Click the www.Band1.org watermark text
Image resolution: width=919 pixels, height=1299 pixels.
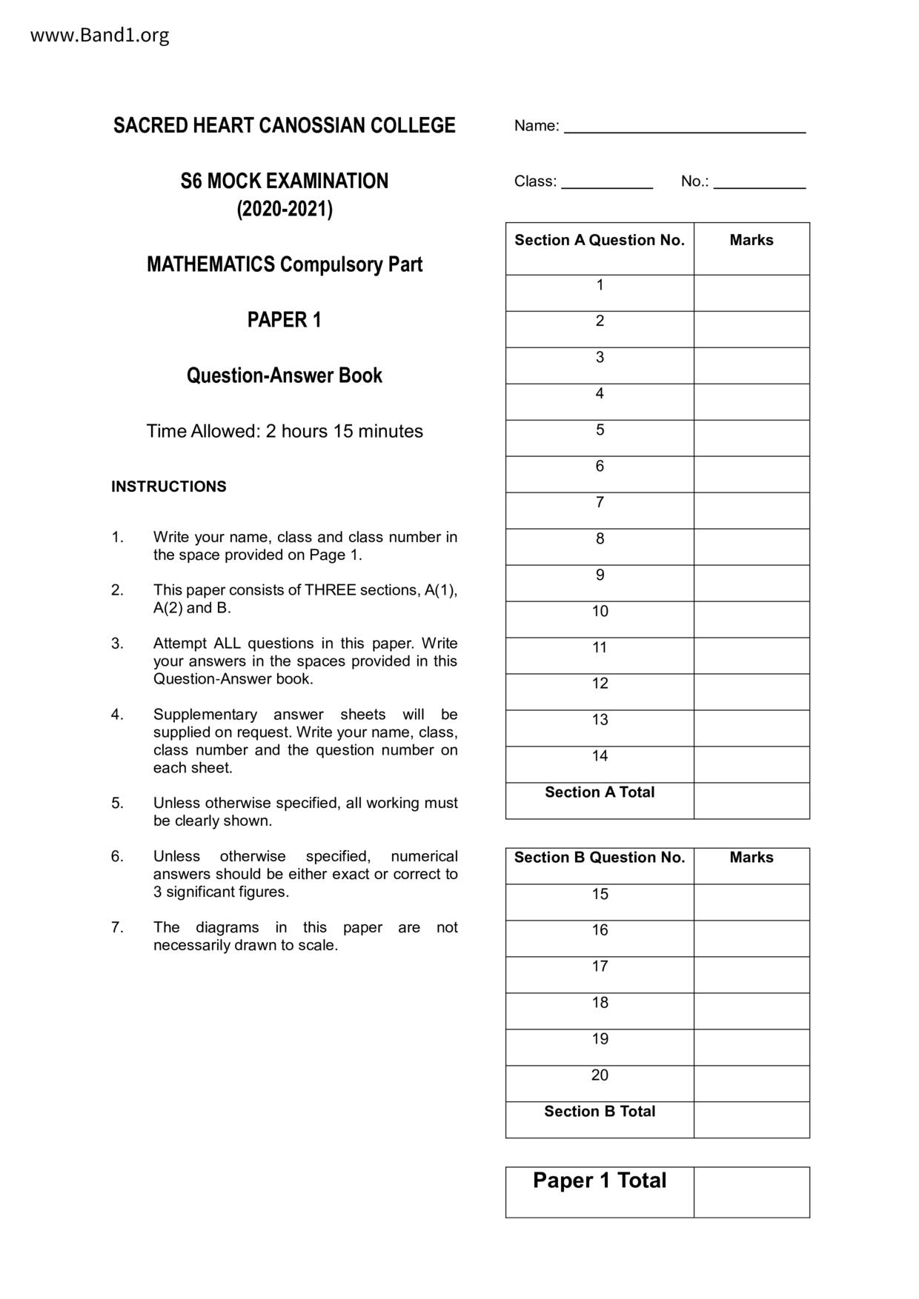(99, 35)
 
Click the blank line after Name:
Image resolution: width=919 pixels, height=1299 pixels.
(684, 127)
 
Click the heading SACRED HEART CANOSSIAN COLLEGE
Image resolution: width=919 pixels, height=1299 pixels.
(284, 125)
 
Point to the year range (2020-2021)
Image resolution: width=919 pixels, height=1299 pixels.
(284, 210)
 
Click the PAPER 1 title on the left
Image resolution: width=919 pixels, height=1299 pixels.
(284, 320)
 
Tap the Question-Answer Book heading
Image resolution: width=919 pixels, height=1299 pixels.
(284, 375)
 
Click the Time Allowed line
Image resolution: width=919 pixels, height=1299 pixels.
(284, 431)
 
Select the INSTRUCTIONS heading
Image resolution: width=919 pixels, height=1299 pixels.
(168, 487)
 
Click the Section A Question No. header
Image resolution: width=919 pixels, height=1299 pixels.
(599, 240)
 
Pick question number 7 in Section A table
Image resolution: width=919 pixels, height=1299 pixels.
(600, 503)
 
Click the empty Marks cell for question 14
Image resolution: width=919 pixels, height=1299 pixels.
(751, 764)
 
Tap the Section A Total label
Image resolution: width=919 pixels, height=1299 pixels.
(599, 792)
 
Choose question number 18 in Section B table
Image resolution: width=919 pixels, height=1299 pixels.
(600, 1003)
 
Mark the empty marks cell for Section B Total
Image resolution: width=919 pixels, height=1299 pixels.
(751, 1120)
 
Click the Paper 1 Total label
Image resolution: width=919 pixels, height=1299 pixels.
(599, 1181)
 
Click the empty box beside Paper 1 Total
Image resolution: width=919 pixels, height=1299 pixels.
(751, 1192)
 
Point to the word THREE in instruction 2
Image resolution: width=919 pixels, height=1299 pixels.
(331, 590)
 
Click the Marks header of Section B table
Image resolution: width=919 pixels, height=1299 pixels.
(751, 858)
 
